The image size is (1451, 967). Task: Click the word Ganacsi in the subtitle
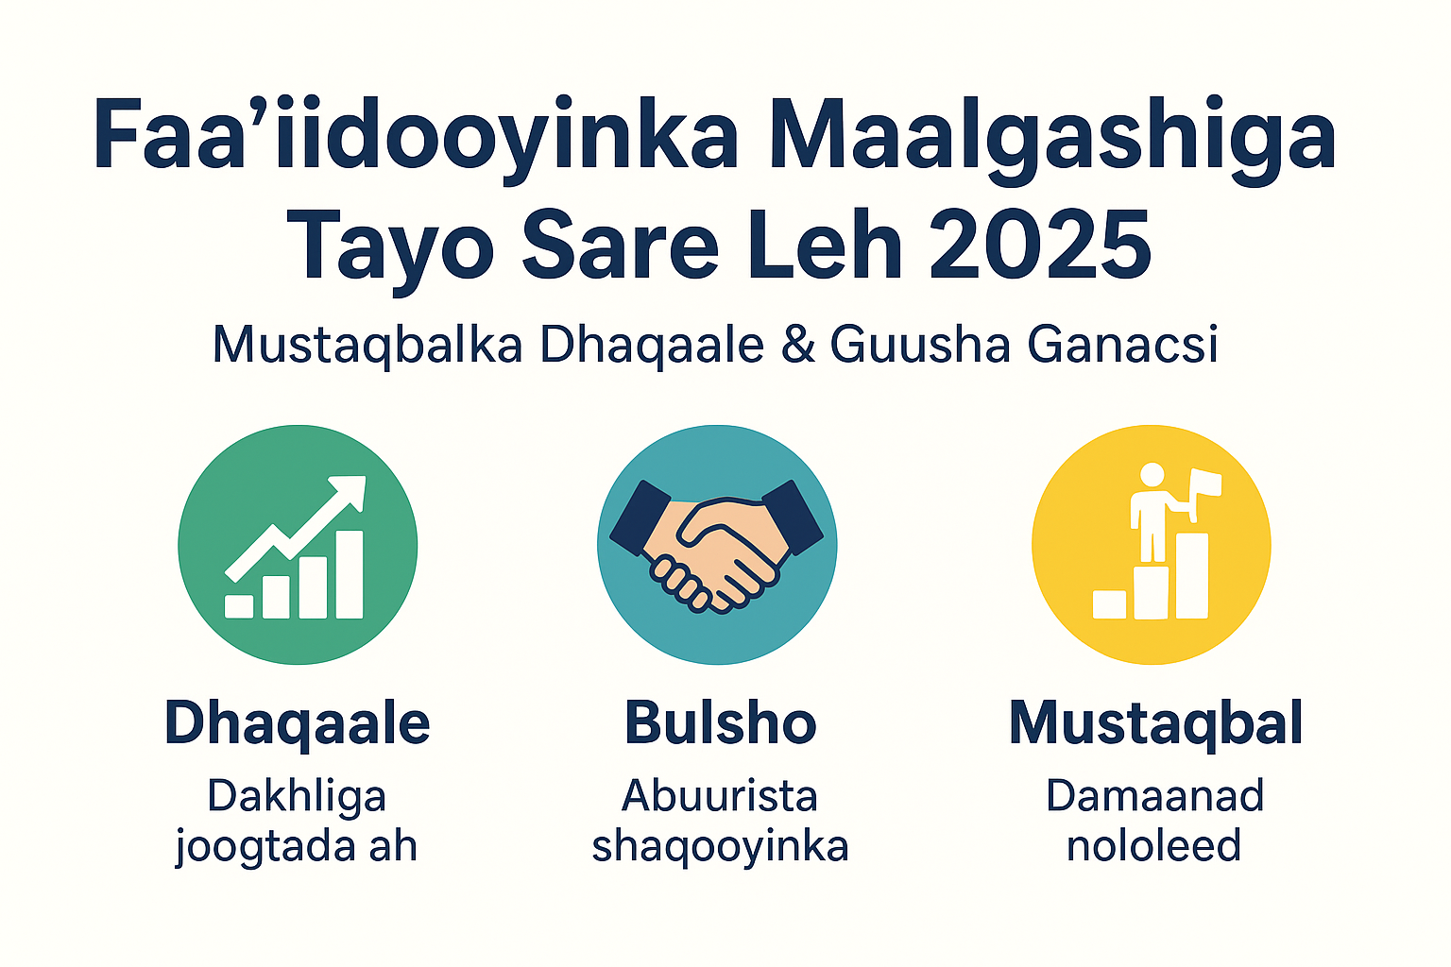coord(1122,345)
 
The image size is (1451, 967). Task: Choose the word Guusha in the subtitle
coord(920,345)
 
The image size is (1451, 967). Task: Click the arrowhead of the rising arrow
coord(350,492)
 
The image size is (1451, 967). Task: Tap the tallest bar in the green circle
coord(350,574)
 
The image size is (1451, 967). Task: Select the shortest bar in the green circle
coord(239,606)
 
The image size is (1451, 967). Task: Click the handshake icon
coord(716,548)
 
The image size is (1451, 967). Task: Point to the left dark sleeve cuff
coord(640,518)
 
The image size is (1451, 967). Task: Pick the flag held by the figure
coord(1205,487)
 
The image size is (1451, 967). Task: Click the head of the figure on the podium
coord(1152,475)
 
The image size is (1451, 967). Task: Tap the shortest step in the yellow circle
coord(1109,604)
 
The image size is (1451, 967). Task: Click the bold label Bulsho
coord(721,722)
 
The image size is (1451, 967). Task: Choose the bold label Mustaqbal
coord(1156,724)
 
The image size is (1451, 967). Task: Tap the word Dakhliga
coord(297,798)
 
